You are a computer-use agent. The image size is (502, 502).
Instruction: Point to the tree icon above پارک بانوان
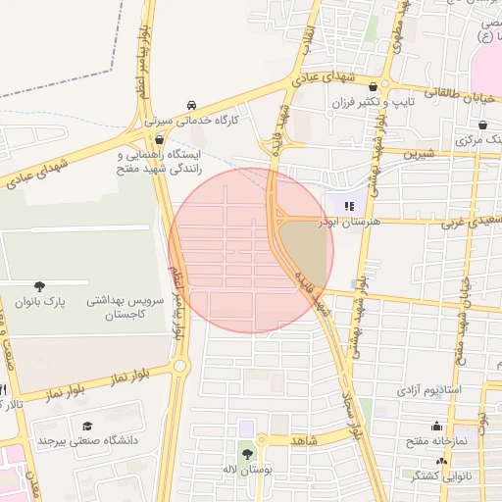39,286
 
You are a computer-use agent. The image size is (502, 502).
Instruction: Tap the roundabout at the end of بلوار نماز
179,367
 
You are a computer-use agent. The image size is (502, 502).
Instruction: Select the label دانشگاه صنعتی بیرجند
88,441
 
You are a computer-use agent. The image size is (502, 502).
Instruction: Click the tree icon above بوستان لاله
246,452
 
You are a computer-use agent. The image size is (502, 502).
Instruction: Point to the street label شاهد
304,440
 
